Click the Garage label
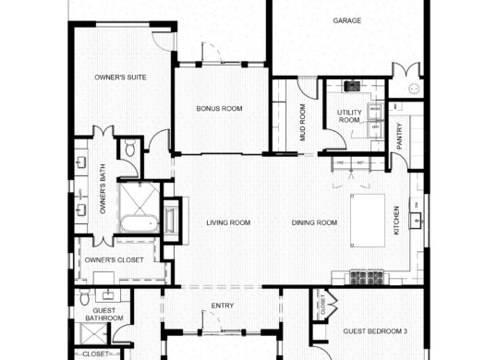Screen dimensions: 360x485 pyautogui.click(x=347, y=20)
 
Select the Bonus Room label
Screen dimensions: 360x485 pyautogui.click(x=219, y=109)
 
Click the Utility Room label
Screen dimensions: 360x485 pyautogui.click(x=349, y=115)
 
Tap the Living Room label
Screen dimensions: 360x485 pyautogui.click(x=228, y=222)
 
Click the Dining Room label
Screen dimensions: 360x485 pyautogui.click(x=313, y=222)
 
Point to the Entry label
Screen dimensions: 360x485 pyautogui.click(x=223, y=306)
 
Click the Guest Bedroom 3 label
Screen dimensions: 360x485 pyautogui.click(x=375, y=330)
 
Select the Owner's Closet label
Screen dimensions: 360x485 pyautogui.click(x=114, y=260)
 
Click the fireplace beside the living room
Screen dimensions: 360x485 pyautogui.click(x=170, y=221)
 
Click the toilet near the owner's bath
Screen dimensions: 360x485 pyautogui.click(x=130, y=148)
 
